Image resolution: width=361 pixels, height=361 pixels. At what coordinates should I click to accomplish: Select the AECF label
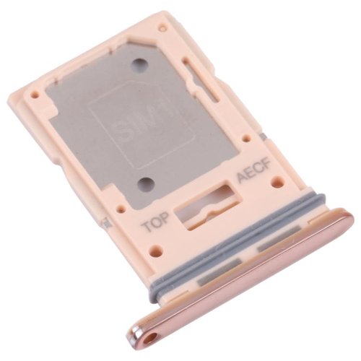click(x=253, y=178)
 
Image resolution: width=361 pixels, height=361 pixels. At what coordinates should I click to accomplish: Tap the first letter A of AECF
click(x=240, y=183)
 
